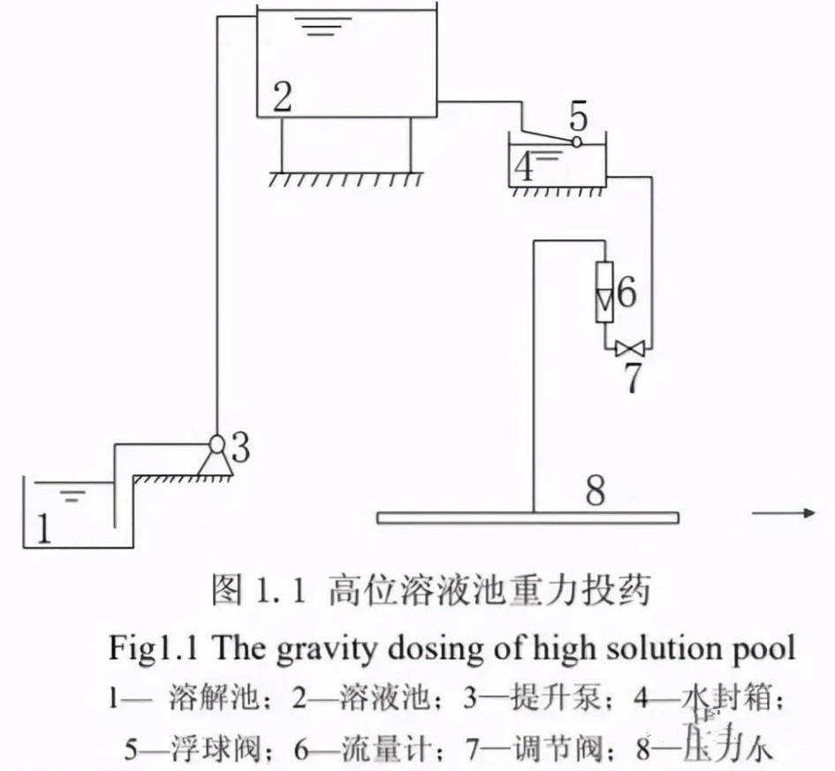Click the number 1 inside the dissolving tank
[42, 527]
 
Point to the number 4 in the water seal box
[525, 166]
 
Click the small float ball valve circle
[577, 141]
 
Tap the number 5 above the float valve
[579, 116]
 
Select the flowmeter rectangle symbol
[604, 290]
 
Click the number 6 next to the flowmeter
[626, 291]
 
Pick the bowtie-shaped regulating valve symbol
[630, 347]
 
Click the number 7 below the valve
[633, 377]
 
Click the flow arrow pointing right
[781, 513]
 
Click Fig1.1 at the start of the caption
[148, 649]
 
